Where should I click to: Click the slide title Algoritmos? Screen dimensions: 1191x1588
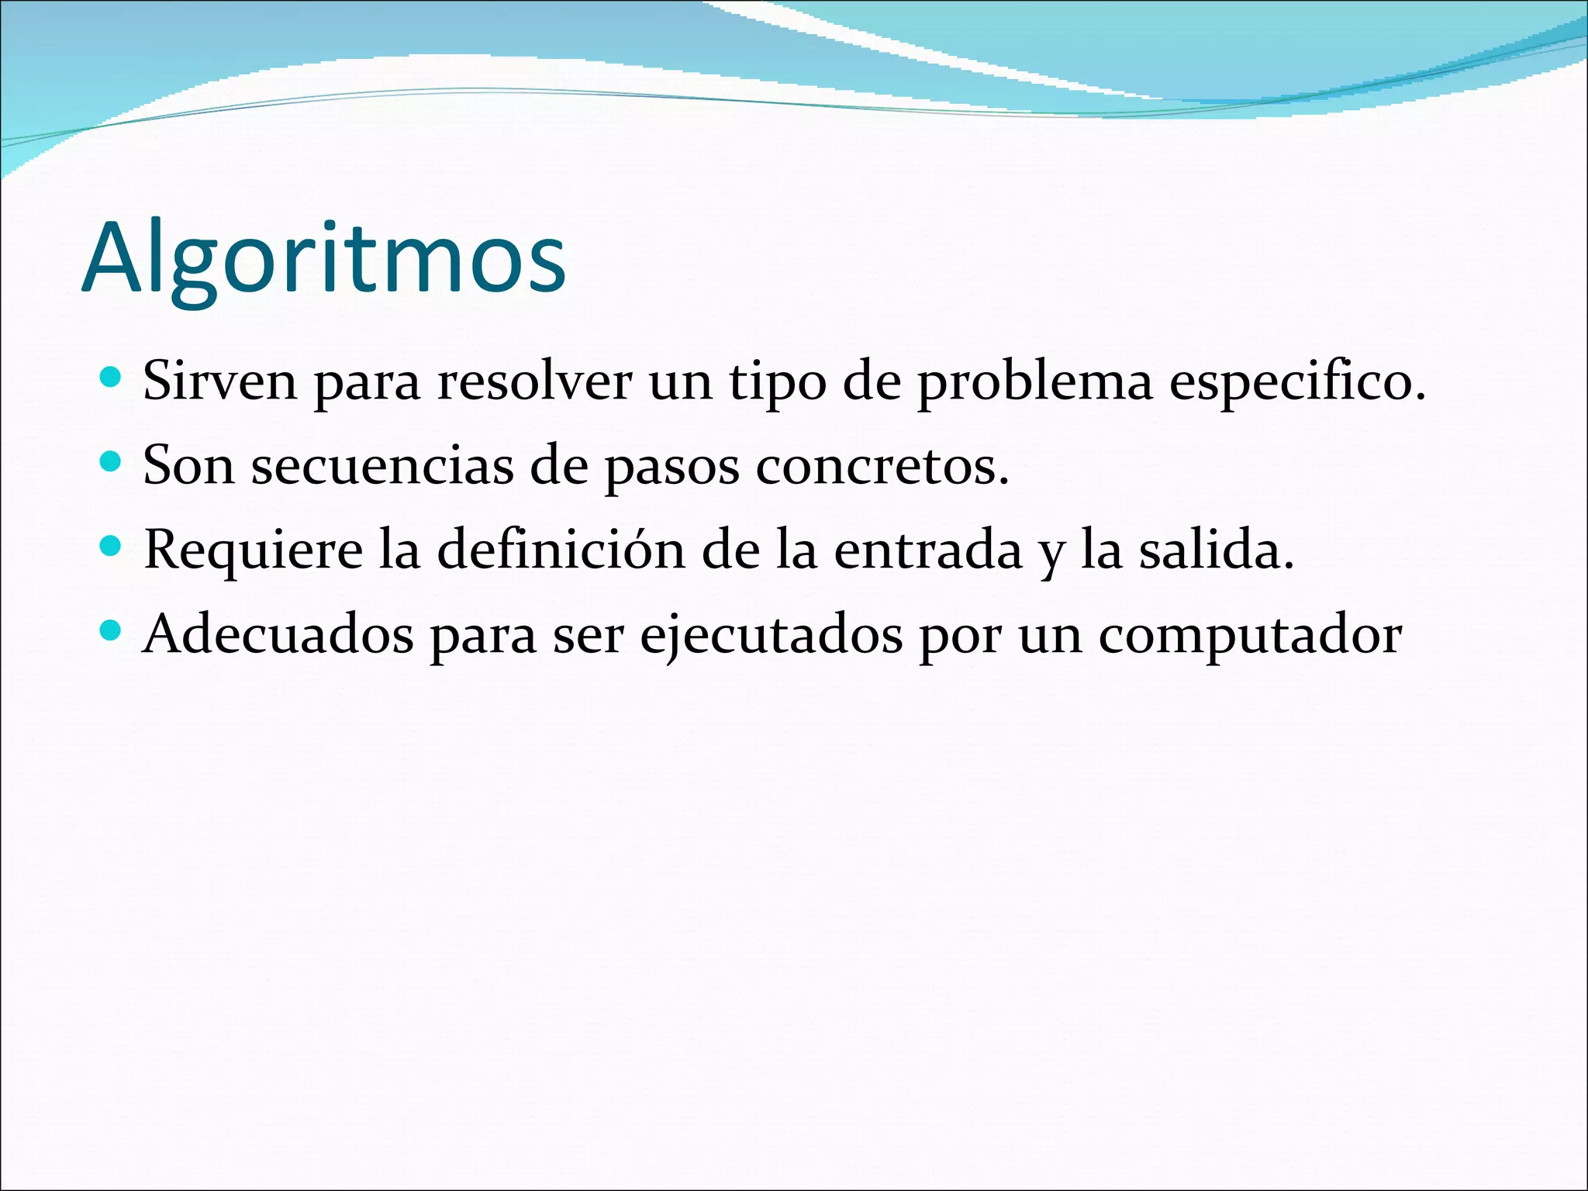click(x=324, y=260)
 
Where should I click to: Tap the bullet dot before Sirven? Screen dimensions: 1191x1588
click(x=112, y=378)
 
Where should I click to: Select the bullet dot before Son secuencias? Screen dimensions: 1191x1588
click(x=112, y=462)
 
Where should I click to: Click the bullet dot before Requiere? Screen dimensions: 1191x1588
click(x=112, y=547)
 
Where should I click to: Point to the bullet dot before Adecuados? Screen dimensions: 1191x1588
click(x=112, y=631)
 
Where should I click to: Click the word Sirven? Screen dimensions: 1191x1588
click(x=220, y=381)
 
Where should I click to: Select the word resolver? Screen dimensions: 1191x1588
click(x=534, y=381)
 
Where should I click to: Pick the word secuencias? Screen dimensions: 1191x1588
click(x=382, y=466)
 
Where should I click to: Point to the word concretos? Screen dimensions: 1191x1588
click(x=882, y=466)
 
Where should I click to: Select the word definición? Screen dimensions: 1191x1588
click(x=561, y=550)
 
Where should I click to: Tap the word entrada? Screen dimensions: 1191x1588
click(x=928, y=550)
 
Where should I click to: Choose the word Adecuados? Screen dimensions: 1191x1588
click(x=278, y=634)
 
